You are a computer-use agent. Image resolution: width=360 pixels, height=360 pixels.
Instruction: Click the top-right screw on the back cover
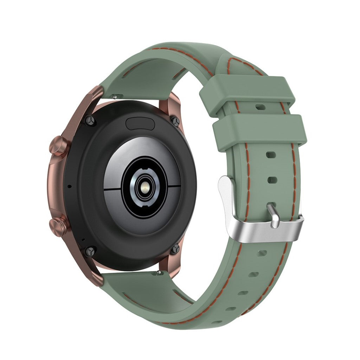click(x=175, y=122)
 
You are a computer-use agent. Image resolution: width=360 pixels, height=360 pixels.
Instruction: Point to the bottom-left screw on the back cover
click(x=91, y=251)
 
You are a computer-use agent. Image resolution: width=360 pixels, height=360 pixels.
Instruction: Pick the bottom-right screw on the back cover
click(x=175, y=249)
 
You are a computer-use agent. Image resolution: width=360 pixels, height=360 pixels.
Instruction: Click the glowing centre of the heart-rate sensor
click(x=144, y=189)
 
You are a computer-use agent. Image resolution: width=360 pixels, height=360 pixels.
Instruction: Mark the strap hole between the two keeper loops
click(x=261, y=106)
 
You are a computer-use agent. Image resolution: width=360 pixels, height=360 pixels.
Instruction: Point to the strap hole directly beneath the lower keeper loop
click(x=271, y=155)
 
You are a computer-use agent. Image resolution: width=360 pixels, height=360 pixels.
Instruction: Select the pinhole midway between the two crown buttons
click(x=69, y=186)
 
